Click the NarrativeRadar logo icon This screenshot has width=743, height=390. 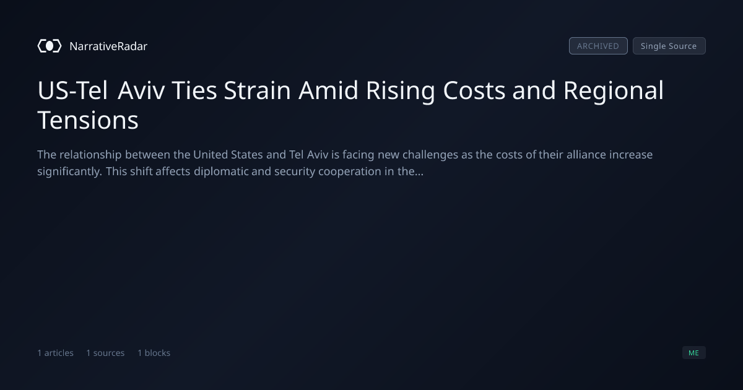tap(50, 46)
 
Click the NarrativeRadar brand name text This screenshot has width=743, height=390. tap(108, 46)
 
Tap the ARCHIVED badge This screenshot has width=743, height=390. tap(598, 46)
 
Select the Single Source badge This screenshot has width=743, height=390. tap(669, 46)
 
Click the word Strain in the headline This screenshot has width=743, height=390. tap(258, 90)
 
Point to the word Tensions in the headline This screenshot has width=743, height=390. tap(88, 120)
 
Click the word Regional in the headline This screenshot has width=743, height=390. tap(614, 91)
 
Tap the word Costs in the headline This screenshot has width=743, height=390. tap(474, 90)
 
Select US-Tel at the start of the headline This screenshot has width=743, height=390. tap(72, 90)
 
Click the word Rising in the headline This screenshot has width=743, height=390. tap(400, 91)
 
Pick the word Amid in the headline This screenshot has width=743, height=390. tap(328, 90)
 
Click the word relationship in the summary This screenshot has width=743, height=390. tap(90, 155)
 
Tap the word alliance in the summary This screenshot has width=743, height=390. tap(586, 155)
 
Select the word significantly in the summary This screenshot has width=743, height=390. tap(69, 171)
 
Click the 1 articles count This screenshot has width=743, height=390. tap(55, 353)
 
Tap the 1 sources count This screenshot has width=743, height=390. tap(105, 353)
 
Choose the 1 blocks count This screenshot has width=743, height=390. tap(154, 353)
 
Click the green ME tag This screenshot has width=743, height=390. tap(694, 352)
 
